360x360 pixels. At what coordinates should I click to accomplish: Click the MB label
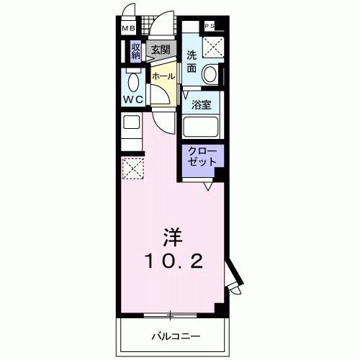pos(127,28)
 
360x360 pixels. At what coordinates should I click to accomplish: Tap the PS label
pos(210,27)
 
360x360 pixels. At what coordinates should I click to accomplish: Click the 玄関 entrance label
pos(160,50)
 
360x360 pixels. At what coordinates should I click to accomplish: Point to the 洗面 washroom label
pos(192,62)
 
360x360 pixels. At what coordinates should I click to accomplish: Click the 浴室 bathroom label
pos(202,104)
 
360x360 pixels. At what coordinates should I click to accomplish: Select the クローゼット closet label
pos(202,157)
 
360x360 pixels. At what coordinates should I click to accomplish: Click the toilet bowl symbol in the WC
pos(132,78)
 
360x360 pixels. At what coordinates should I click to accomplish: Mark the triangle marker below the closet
pos(207,186)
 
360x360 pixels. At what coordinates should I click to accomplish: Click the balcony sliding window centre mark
pos(170,314)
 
